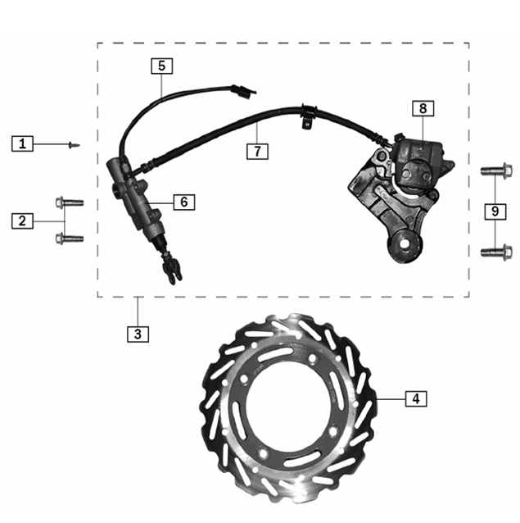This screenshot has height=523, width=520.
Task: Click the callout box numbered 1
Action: click(22, 143)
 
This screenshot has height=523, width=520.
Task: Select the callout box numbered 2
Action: click(22, 221)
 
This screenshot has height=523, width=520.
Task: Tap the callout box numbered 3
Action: click(138, 334)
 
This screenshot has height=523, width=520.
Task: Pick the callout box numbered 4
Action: click(416, 398)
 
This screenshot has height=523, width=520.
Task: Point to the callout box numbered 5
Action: click(162, 66)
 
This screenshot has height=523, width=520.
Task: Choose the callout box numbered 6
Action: click(184, 202)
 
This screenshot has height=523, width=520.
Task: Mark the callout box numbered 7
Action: click(257, 152)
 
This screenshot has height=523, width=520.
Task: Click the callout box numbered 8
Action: click(423, 108)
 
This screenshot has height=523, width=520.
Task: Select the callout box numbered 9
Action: click(495, 211)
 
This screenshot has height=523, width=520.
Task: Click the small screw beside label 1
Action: click(74, 145)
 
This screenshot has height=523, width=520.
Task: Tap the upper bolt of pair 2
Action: click(70, 202)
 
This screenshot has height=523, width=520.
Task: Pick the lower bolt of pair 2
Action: click(70, 239)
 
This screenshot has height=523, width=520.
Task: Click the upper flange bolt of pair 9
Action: click(496, 171)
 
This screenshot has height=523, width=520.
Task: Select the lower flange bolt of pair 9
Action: click(496, 252)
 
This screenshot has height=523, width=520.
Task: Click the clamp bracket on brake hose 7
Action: click(308, 116)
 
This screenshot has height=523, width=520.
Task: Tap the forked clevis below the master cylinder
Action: click(172, 270)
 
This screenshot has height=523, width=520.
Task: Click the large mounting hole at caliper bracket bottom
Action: click(405, 243)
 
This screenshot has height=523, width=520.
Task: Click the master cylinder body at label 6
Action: click(138, 199)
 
